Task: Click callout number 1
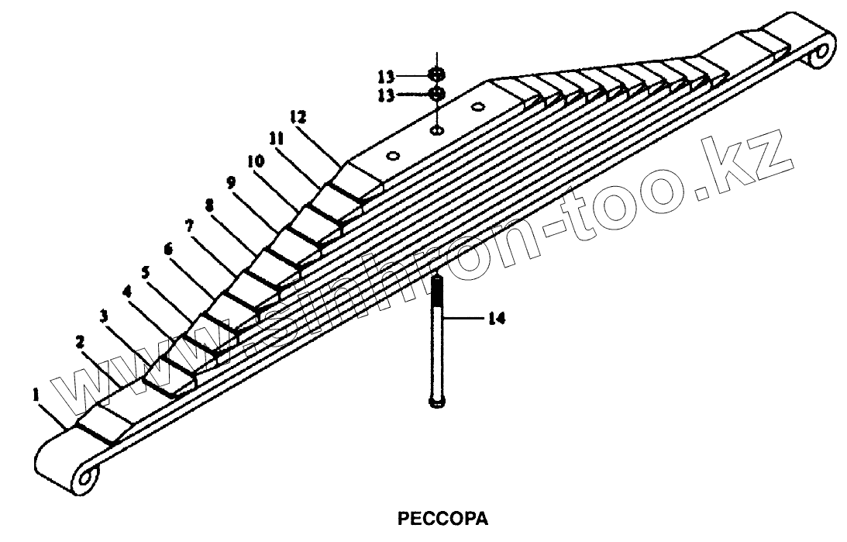click(x=35, y=395)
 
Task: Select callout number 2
click(x=79, y=341)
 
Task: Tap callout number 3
click(x=102, y=316)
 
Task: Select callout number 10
click(x=256, y=161)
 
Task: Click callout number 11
click(x=276, y=138)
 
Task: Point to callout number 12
click(x=298, y=117)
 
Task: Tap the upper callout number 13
click(x=387, y=76)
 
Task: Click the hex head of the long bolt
click(x=436, y=402)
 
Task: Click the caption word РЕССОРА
click(x=442, y=517)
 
